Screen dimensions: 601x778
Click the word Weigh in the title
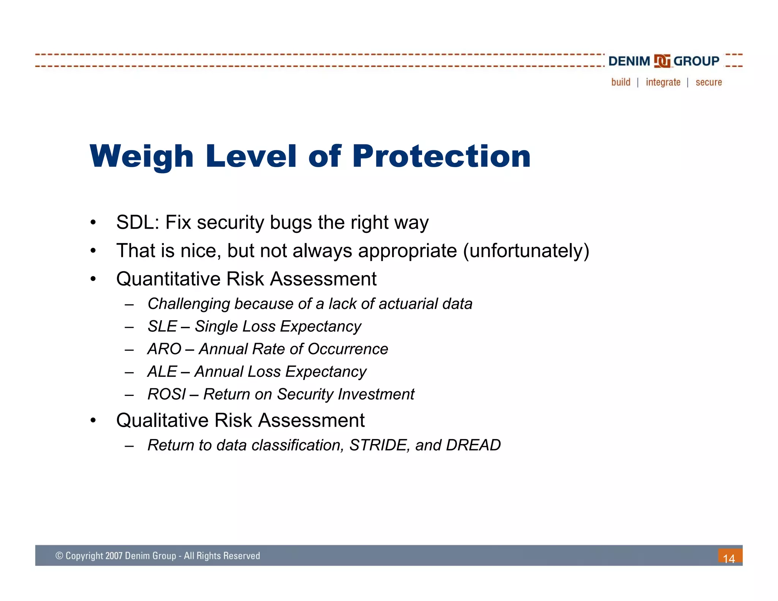click(142, 156)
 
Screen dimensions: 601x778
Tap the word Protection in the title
click(441, 156)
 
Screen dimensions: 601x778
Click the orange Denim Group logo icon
click(662, 61)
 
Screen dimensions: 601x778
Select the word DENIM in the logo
click(629, 61)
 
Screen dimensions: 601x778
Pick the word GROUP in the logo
click(696, 61)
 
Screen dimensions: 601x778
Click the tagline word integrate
click(663, 82)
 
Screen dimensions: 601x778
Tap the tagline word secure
click(708, 82)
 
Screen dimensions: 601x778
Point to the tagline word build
click(621, 82)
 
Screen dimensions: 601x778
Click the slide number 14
click(729, 558)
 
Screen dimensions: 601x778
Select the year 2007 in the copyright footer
click(114, 556)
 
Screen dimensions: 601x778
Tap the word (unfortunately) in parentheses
click(526, 251)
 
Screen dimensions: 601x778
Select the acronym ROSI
click(166, 394)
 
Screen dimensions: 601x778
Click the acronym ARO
click(164, 349)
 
